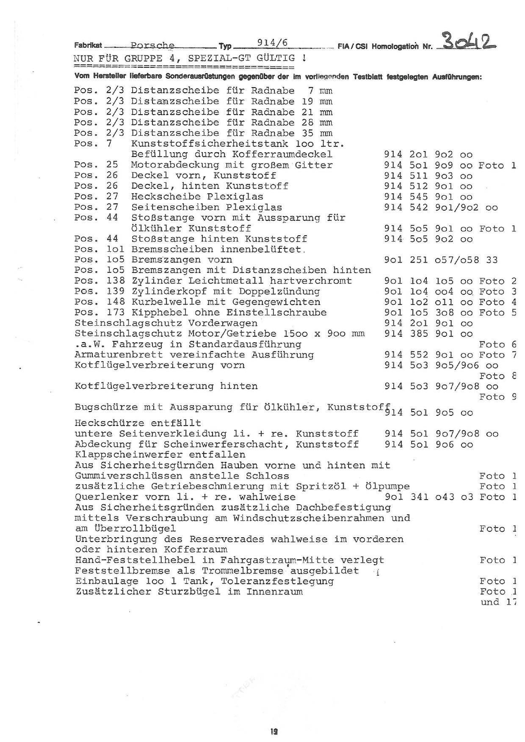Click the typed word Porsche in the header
[x=152, y=45]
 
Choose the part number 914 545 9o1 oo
[x=428, y=197]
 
